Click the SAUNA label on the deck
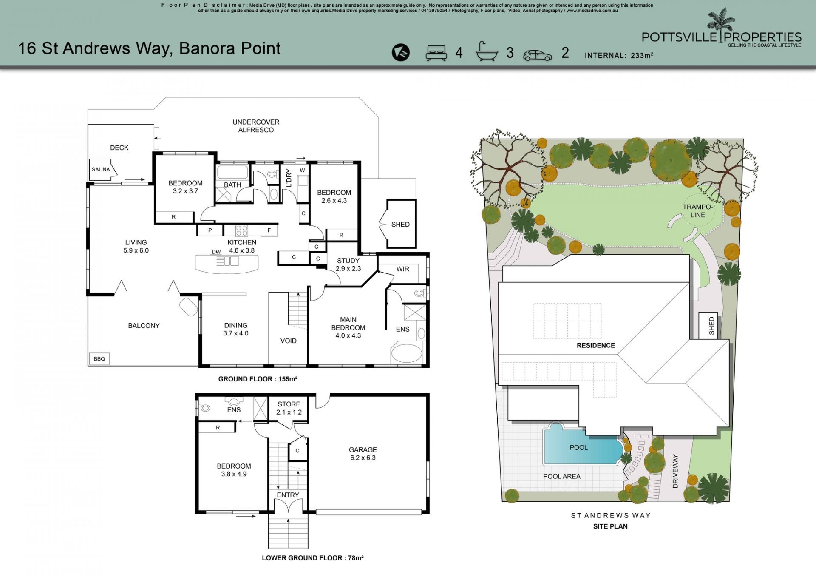click(x=101, y=169)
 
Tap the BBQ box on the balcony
click(x=99, y=358)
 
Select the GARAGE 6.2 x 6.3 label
click(x=363, y=454)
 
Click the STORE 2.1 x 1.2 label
click(x=289, y=408)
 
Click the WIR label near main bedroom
click(x=402, y=269)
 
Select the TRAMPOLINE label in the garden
click(x=697, y=211)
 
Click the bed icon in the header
click(x=436, y=53)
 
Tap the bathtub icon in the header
click(x=487, y=52)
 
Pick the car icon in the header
click(x=538, y=55)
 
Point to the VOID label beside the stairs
click(x=289, y=341)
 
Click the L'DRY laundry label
click(x=289, y=178)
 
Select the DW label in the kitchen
click(x=216, y=252)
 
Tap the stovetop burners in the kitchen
click(x=242, y=230)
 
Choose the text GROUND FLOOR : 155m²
click(x=258, y=379)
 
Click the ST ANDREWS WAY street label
click(x=611, y=515)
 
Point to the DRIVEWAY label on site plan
click(x=675, y=471)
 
